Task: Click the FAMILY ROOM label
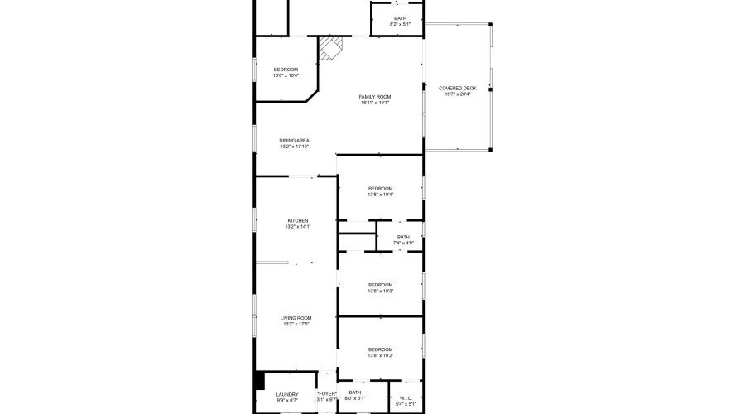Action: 375,97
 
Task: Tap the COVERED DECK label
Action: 458,88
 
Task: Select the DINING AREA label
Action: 294,141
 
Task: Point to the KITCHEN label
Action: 297,220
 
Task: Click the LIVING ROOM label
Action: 296,318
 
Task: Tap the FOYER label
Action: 327,394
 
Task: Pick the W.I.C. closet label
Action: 406,397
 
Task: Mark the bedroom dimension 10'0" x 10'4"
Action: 286,75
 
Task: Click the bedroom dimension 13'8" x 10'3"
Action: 380,291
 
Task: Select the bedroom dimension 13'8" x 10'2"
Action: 380,355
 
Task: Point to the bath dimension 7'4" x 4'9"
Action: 403,243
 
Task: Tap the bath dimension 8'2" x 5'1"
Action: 400,24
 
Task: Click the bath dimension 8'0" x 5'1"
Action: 355,398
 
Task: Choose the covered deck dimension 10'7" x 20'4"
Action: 458,94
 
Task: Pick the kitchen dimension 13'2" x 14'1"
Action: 297,226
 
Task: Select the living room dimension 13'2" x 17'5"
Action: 296,324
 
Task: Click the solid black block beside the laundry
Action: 259,380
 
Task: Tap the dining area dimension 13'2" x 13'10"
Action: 294,147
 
